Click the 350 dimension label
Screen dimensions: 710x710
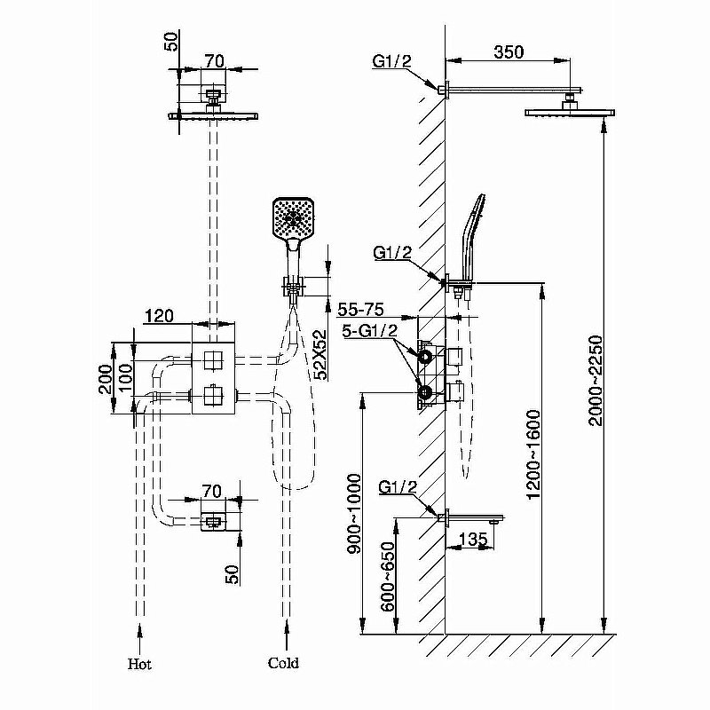coord(509,52)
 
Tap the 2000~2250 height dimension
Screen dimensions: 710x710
coord(596,381)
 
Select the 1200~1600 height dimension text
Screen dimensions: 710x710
coord(534,454)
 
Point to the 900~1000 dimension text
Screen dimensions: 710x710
coord(353,514)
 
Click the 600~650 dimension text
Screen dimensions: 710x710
coord(388,576)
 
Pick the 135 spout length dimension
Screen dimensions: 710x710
coord(473,539)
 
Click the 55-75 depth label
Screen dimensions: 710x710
coord(361,309)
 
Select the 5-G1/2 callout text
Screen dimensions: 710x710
coord(369,331)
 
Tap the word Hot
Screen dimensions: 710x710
coord(139,664)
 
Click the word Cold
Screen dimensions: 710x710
coord(283,663)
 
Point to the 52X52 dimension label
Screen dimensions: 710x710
coord(319,354)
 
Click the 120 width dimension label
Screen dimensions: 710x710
coord(159,316)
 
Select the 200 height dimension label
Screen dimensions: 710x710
coord(106,380)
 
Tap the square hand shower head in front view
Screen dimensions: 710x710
coord(293,217)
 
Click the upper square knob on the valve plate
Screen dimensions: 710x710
coord(212,361)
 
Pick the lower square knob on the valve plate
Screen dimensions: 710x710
coord(212,395)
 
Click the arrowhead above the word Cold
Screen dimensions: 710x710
coord(286,630)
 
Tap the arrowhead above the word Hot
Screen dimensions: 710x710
coord(139,631)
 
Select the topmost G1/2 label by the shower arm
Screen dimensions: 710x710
coord(391,60)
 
